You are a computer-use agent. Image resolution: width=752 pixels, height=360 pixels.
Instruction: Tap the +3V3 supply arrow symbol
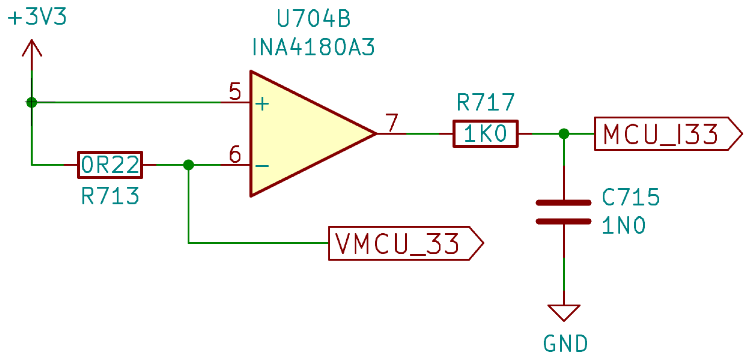[32, 49]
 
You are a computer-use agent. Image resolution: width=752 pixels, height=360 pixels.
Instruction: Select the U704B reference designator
[313, 19]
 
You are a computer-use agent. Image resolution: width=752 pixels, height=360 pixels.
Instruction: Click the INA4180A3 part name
[313, 47]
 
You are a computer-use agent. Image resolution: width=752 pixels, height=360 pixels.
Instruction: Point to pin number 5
[235, 91]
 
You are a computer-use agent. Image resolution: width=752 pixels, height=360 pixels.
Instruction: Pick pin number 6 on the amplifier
[235, 154]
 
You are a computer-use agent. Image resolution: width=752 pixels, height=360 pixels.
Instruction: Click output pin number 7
[392, 123]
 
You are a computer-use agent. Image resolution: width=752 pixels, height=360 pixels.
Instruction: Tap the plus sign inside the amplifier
[262, 104]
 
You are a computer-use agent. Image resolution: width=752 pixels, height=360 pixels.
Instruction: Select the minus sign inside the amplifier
[262, 166]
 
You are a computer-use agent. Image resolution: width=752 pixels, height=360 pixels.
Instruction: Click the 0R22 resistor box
[110, 165]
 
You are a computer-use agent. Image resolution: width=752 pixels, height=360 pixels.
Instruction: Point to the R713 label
[110, 196]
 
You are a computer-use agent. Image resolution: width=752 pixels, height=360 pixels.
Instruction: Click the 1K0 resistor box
[485, 134]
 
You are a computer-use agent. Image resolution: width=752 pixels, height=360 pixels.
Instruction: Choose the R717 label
[485, 102]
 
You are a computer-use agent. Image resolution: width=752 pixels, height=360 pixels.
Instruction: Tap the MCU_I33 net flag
[667, 134]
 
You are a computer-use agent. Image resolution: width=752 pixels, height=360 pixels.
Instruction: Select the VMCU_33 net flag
[405, 243]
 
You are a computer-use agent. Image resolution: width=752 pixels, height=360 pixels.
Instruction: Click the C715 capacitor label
[631, 197]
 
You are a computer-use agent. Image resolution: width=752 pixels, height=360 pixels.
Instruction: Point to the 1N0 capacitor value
[624, 225]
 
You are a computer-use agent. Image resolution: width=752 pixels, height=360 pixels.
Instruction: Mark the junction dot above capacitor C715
[564, 134]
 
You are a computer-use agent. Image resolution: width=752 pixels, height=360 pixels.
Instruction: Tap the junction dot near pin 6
[189, 165]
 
